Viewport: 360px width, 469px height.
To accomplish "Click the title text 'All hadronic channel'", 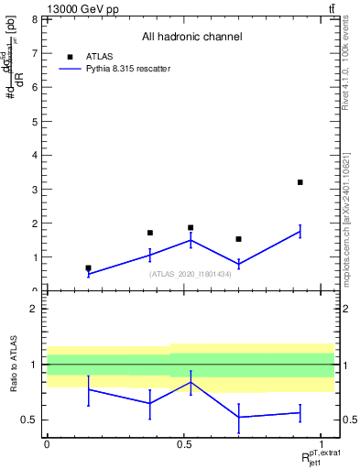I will click(191, 38).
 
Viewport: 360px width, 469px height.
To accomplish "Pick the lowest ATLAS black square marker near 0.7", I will click(88, 268).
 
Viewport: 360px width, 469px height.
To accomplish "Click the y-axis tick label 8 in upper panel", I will click(34, 19).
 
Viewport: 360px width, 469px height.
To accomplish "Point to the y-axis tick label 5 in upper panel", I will click(34, 121).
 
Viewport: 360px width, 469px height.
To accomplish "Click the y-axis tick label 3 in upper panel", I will click(34, 189).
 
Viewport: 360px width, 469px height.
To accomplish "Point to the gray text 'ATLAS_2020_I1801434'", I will click(191, 274).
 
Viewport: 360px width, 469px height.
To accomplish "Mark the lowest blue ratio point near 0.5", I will click(238, 418).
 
